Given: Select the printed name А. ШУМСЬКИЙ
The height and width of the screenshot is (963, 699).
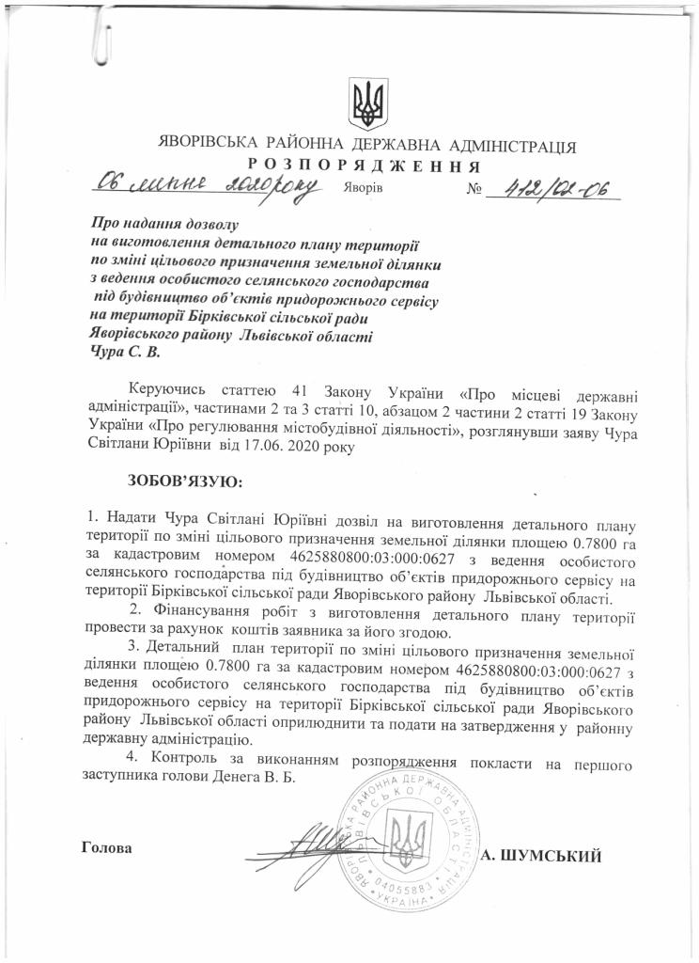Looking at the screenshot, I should tap(539, 855).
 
